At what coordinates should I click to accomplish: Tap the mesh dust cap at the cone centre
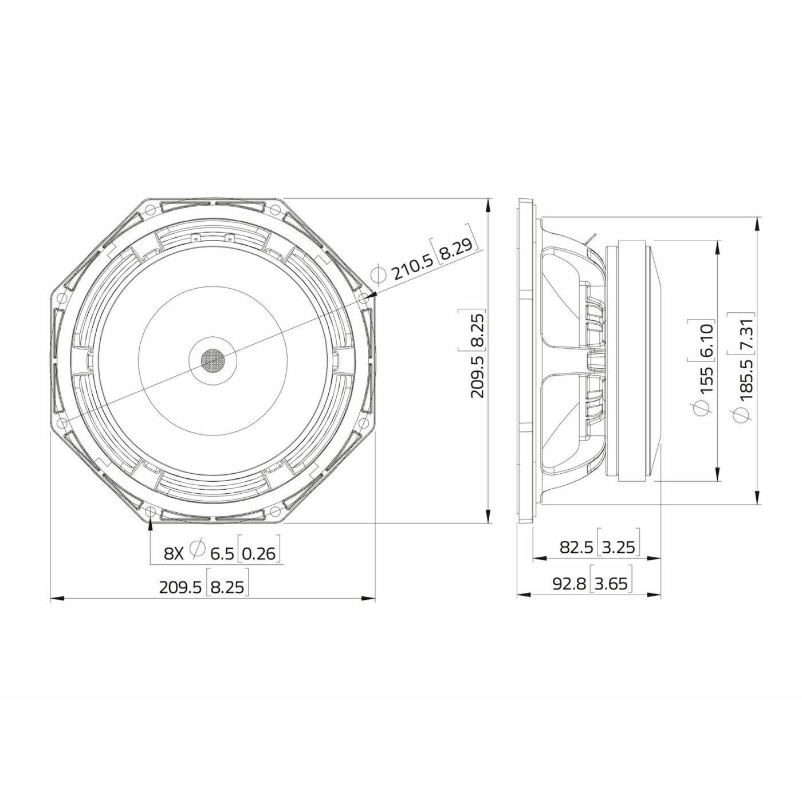[213, 360]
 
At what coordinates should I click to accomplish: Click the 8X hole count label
[174, 553]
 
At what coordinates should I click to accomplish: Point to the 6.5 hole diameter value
[222, 553]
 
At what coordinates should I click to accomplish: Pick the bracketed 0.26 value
[259, 553]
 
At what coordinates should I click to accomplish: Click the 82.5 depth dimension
[576, 547]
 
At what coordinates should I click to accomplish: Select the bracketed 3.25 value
[619, 547]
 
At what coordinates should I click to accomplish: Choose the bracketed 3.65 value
[611, 584]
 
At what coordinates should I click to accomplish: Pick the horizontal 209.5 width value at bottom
[180, 587]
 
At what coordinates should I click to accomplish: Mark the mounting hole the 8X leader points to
[150, 511]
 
